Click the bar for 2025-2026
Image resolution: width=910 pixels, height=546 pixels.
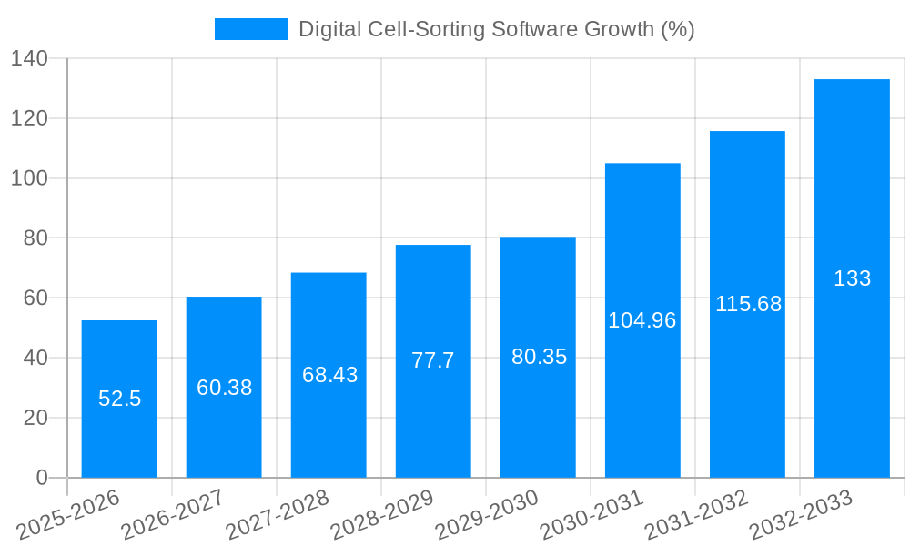[119, 437]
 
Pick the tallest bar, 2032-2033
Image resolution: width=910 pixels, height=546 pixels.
[852, 364]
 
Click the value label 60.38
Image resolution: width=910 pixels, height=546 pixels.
[224, 388]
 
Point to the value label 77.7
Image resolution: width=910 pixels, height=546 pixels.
[433, 360]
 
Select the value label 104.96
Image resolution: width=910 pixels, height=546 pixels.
[642, 320]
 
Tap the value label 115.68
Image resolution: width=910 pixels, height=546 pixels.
[748, 304]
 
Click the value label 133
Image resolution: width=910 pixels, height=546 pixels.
[852, 278]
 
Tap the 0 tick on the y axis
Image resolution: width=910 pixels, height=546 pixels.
[41, 478]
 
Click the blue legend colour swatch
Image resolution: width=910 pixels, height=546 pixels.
[250, 29]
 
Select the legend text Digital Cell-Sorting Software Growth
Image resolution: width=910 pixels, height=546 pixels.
[496, 29]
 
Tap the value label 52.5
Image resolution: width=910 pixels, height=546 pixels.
[119, 399]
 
